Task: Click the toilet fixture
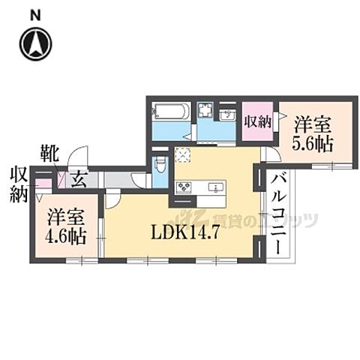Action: tap(157, 165)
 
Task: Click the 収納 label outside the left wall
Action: tap(18, 184)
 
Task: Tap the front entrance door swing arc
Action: tap(76, 159)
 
